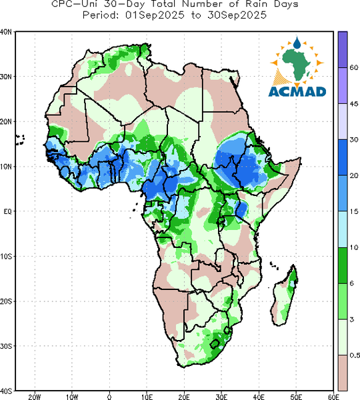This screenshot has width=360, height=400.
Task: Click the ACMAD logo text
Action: coord(297,91)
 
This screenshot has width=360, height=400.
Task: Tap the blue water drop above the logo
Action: coord(297,43)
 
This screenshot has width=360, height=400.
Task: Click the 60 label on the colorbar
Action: coord(354,67)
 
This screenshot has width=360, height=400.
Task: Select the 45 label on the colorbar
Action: coord(354,104)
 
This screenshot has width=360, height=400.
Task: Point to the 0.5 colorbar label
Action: coord(355,355)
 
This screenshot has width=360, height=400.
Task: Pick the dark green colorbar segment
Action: coord(343,265)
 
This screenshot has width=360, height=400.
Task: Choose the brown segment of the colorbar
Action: coord(343,373)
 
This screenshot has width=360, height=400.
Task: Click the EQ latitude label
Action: coord(7,211)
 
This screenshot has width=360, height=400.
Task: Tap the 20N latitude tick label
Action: coord(6,122)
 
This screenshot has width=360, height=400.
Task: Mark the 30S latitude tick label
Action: coord(6,346)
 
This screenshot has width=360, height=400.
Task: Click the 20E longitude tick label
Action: coord(184,397)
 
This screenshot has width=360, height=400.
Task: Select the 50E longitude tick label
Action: coord(296,397)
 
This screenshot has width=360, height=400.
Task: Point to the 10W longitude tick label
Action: coord(72,397)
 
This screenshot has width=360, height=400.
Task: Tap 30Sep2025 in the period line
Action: coord(237,15)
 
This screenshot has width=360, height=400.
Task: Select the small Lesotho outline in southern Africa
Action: coord(215,344)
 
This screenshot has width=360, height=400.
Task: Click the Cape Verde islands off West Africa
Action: coord(20,140)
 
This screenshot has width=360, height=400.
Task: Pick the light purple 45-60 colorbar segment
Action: coord(343,85)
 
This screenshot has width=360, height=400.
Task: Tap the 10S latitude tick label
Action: coord(6,257)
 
